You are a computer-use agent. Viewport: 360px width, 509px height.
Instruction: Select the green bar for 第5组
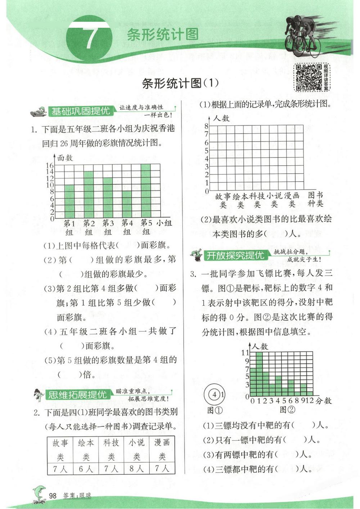pos(146,191)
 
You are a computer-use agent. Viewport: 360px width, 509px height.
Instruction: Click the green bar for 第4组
pos(127,204)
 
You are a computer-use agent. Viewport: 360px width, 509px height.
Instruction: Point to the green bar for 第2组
pos(89,195)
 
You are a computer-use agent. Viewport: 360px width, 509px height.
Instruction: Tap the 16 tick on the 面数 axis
pos(50,165)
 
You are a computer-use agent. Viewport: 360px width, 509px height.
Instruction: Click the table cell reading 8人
pos(136,469)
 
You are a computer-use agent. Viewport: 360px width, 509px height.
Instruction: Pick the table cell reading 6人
pos(86,469)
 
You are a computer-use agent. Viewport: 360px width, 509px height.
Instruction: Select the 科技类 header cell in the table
pos(111,449)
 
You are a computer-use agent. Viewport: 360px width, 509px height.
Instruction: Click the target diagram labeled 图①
pos(215,394)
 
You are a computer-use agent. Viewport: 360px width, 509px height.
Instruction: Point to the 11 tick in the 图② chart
pos(245,352)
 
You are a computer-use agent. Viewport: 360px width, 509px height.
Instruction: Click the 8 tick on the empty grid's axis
pos(206,126)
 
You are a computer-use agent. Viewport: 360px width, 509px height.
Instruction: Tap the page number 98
pos(53,496)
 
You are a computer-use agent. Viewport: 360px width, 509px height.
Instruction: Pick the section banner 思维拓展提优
pos(77,395)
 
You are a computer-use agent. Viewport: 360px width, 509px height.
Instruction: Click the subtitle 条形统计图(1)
pos(180,84)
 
